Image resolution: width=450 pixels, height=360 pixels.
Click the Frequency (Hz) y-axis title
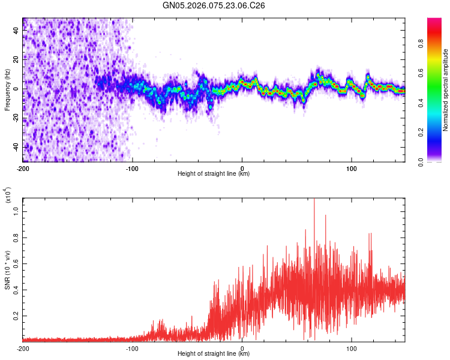[7, 89]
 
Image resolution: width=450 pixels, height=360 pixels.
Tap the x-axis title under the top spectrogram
[214, 174]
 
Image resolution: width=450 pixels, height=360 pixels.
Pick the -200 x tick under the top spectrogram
[23, 167]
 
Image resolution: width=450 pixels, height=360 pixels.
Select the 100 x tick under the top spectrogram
[352, 167]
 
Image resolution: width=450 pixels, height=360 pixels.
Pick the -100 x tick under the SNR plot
[133, 348]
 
